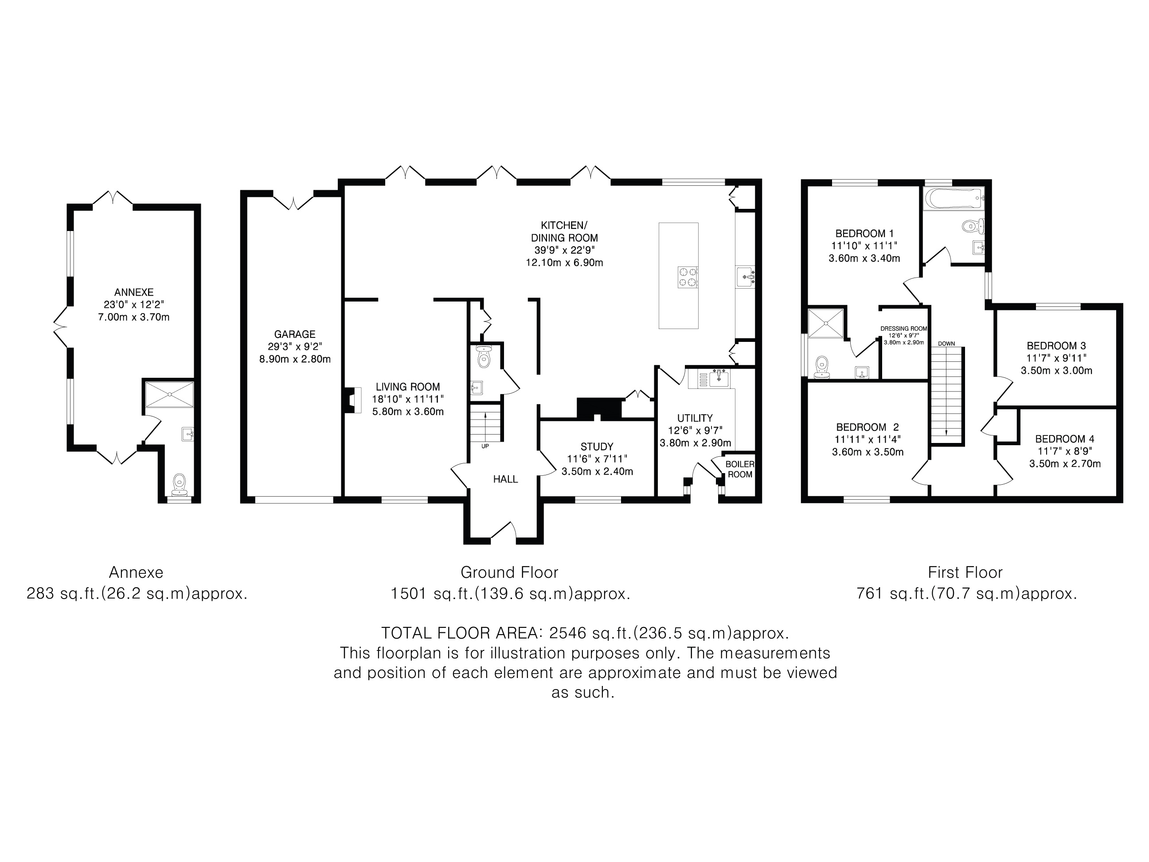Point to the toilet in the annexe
[180, 485]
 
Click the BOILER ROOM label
[740, 469]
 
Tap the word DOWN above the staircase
[946, 344]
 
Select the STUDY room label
[597, 447]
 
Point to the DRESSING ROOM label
[904, 329]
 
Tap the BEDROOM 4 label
[1065, 439]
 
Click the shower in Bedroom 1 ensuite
[826, 323]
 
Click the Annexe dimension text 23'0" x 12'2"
[134, 305]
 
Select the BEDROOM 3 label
[1056, 346]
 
